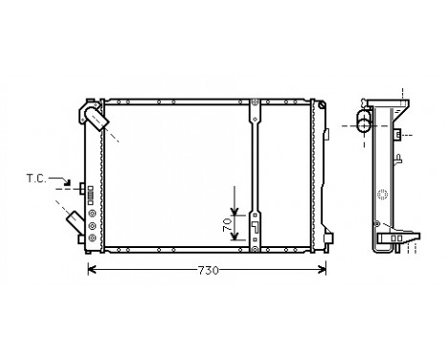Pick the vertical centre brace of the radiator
point(256,172)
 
